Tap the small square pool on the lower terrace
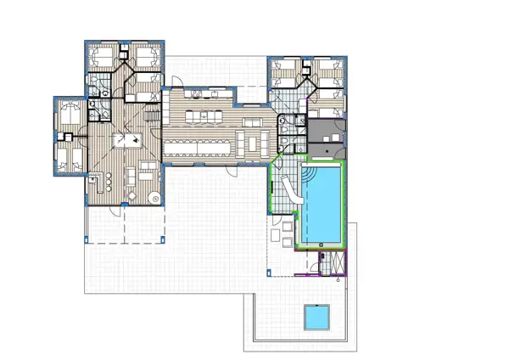tap(317, 318)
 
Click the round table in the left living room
tap(154, 196)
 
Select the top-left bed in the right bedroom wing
tap(286, 69)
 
